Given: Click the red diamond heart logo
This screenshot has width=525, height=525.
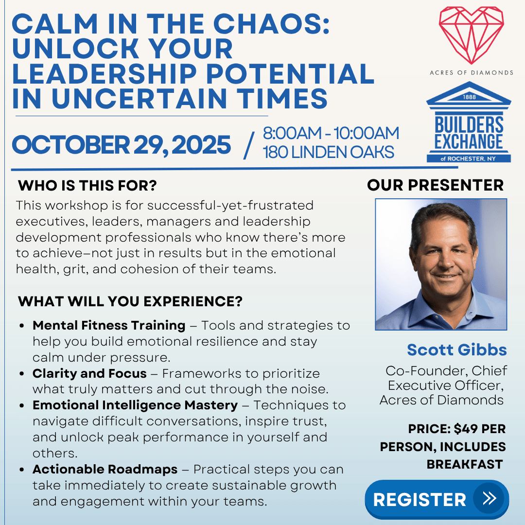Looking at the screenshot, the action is [x=471, y=35].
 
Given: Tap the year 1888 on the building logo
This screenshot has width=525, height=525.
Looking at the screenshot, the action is [x=469, y=97].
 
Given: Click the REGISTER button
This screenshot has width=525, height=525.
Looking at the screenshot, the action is [x=437, y=500].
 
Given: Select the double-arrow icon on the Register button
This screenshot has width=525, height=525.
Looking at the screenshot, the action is [x=490, y=498].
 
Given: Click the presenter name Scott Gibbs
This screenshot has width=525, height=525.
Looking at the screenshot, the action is [x=456, y=350].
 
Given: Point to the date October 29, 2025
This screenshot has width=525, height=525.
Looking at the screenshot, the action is [x=121, y=145].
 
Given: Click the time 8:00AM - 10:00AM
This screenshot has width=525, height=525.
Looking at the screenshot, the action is [x=331, y=133].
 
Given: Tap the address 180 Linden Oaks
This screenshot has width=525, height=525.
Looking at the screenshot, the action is [x=329, y=152].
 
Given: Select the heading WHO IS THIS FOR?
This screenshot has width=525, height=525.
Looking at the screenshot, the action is [x=87, y=186].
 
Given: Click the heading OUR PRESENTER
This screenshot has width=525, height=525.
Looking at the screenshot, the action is [x=435, y=185].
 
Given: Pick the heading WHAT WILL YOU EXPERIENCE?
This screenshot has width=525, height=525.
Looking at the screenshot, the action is [x=130, y=301].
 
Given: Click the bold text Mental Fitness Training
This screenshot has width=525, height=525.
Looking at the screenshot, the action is [x=109, y=325].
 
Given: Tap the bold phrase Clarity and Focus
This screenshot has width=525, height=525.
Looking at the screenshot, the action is [x=89, y=373].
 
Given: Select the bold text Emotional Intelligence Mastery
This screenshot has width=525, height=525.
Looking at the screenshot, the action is [x=135, y=405].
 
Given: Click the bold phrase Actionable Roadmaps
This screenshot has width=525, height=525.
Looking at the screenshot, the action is [x=105, y=470].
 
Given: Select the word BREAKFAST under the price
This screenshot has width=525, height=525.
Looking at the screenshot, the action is [x=465, y=464].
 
